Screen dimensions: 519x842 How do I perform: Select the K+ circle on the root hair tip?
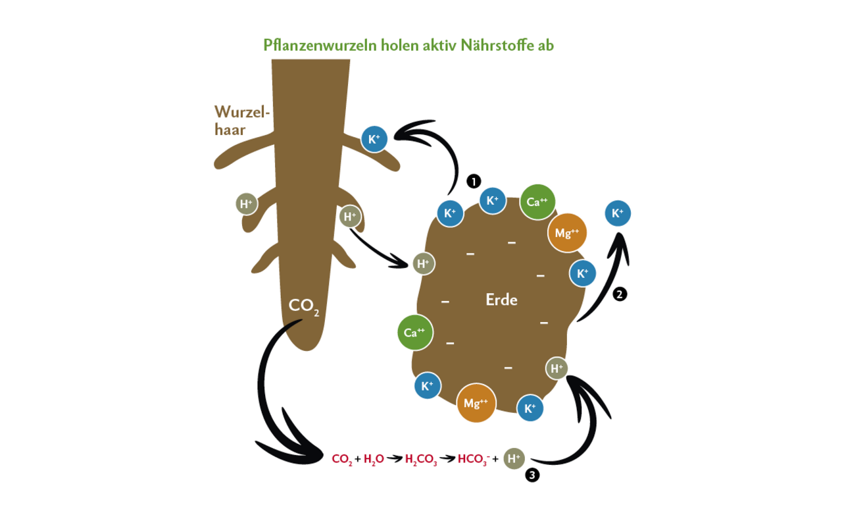(374, 140)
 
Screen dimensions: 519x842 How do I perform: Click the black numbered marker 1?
(474, 181)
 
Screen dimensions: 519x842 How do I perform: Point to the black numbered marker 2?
(619, 294)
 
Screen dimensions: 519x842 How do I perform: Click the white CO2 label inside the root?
(303, 306)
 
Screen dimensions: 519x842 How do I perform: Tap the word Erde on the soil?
(501, 300)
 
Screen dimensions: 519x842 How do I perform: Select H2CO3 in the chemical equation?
(421, 459)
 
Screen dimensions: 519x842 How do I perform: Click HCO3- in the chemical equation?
(473, 459)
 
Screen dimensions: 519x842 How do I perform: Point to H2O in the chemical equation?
(374, 459)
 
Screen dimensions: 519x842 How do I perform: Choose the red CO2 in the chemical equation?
(342, 459)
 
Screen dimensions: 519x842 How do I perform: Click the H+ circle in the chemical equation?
(514, 458)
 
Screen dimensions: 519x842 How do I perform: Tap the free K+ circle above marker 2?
(618, 213)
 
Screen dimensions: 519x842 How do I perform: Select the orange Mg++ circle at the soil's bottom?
(476, 403)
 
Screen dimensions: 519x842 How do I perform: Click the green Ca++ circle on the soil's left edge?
(415, 333)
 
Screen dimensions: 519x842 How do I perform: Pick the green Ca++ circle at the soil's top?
(537, 202)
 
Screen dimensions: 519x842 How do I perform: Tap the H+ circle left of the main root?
(247, 204)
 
